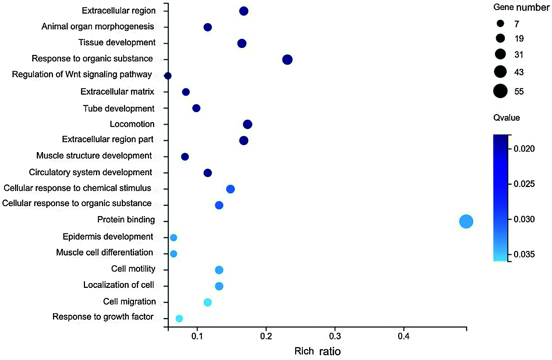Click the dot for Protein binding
[466, 222]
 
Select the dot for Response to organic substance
[287, 60]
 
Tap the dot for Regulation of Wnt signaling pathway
[168, 76]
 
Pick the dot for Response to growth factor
[179, 318]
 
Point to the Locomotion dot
[248, 124]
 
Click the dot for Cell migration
[208, 303]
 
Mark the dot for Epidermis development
[173, 238]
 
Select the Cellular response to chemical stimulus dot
[230, 189]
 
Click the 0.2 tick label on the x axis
[266, 336]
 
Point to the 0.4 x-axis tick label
[404, 336]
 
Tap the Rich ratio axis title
[318, 351]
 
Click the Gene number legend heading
[521, 7]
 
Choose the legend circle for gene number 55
[500, 91]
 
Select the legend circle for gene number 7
[500, 24]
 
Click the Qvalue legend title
[506, 118]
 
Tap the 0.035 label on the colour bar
[524, 254]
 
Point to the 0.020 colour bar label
[524, 149]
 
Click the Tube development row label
[118, 109]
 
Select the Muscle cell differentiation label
[105, 253]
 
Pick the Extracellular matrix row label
[117, 92]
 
